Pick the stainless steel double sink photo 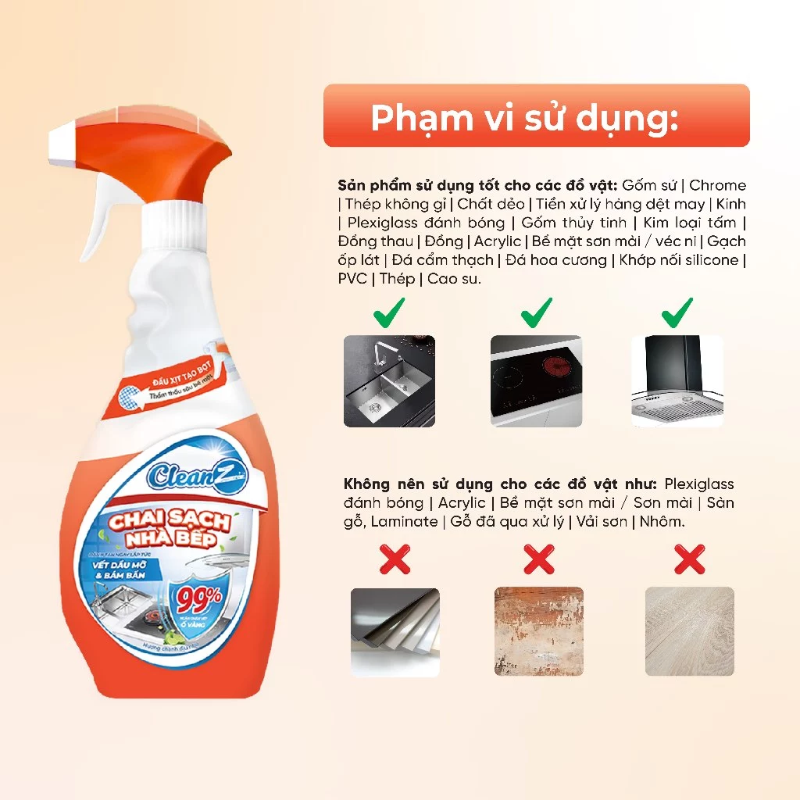pos(389,381)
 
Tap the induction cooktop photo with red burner pos(536,381)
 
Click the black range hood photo pos(677,381)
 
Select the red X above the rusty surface pos(538,559)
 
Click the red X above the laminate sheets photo pos(395,559)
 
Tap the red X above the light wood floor pos(689,559)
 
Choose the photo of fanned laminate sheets pos(395,632)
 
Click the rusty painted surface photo pos(539,631)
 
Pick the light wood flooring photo pos(689,631)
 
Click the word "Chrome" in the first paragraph pos(717,185)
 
